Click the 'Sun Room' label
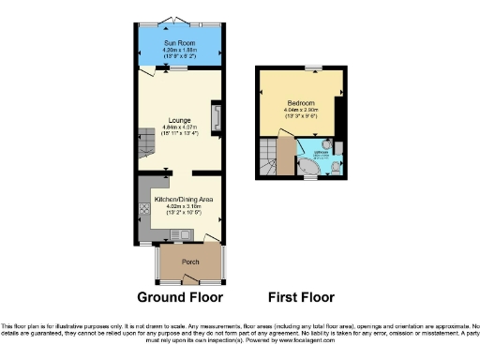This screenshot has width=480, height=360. pyautogui.click(x=179, y=43)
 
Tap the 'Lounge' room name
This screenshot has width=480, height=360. pyautogui.click(x=179, y=120)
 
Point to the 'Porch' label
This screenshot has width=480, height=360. pyautogui.click(x=190, y=262)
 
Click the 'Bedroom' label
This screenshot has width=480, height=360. pyautogui.click(x=300, y=102)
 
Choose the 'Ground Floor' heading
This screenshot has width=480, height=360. pyautogui.click(x=180, y=297)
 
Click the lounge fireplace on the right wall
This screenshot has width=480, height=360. pyautogui.click(x=217, y=116)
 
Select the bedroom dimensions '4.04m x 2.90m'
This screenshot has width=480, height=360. pyautogui.click(x=300, y=110)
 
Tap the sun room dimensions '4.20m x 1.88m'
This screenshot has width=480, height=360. pyautogui.click(x=179, y=51)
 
